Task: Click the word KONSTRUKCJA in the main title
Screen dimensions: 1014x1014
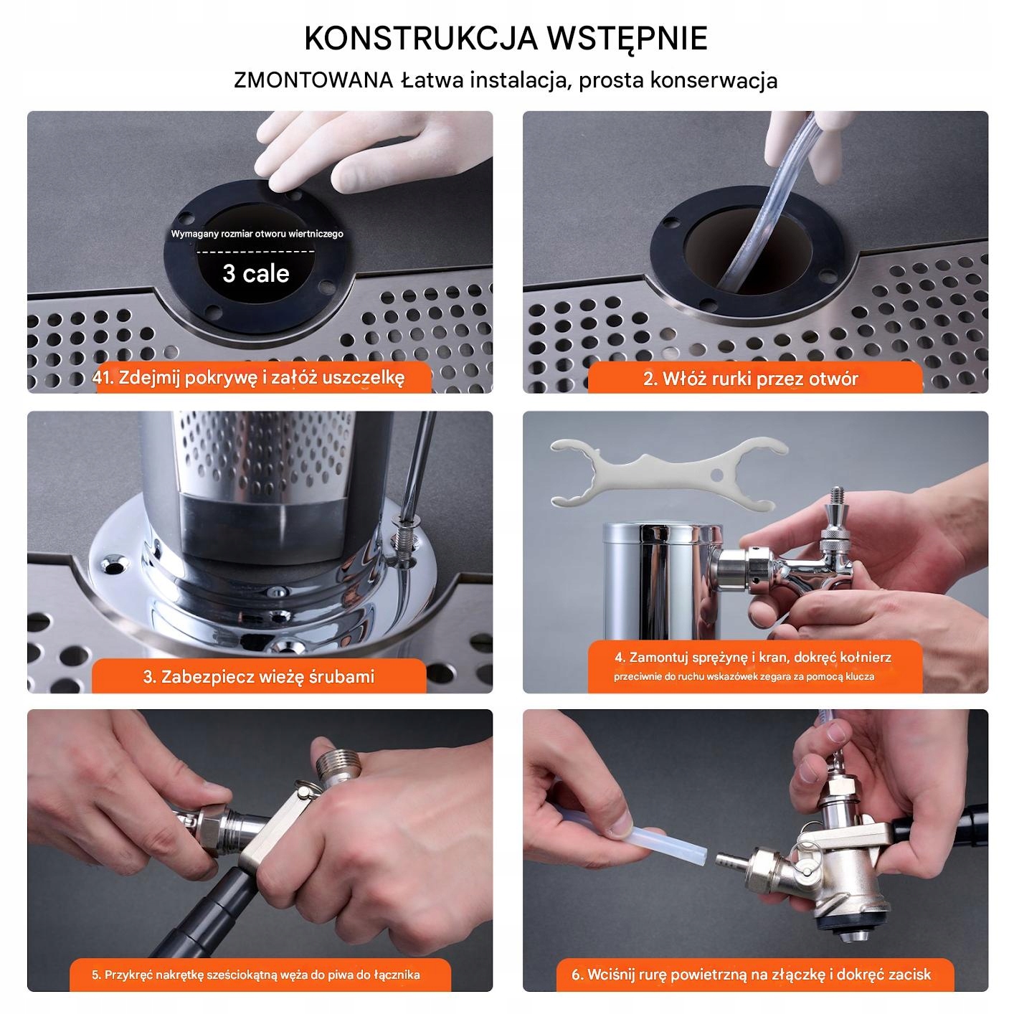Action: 421,38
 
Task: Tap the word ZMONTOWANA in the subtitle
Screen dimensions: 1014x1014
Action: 313,80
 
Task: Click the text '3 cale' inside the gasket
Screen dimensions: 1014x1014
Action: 256,273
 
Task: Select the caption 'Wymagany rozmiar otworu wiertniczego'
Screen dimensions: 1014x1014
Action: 257,234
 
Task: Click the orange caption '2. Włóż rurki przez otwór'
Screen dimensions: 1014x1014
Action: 750,379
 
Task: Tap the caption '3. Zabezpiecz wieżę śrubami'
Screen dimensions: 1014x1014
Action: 258,677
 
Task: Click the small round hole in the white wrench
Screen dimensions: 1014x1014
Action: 716,475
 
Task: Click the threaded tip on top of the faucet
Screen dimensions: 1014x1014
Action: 837,496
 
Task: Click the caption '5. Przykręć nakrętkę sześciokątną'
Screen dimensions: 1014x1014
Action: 256,975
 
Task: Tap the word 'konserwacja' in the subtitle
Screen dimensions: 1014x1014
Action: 714,80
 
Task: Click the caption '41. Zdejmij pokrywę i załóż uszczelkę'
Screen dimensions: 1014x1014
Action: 248,378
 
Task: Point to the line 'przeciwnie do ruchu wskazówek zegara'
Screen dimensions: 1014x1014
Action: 744,676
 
